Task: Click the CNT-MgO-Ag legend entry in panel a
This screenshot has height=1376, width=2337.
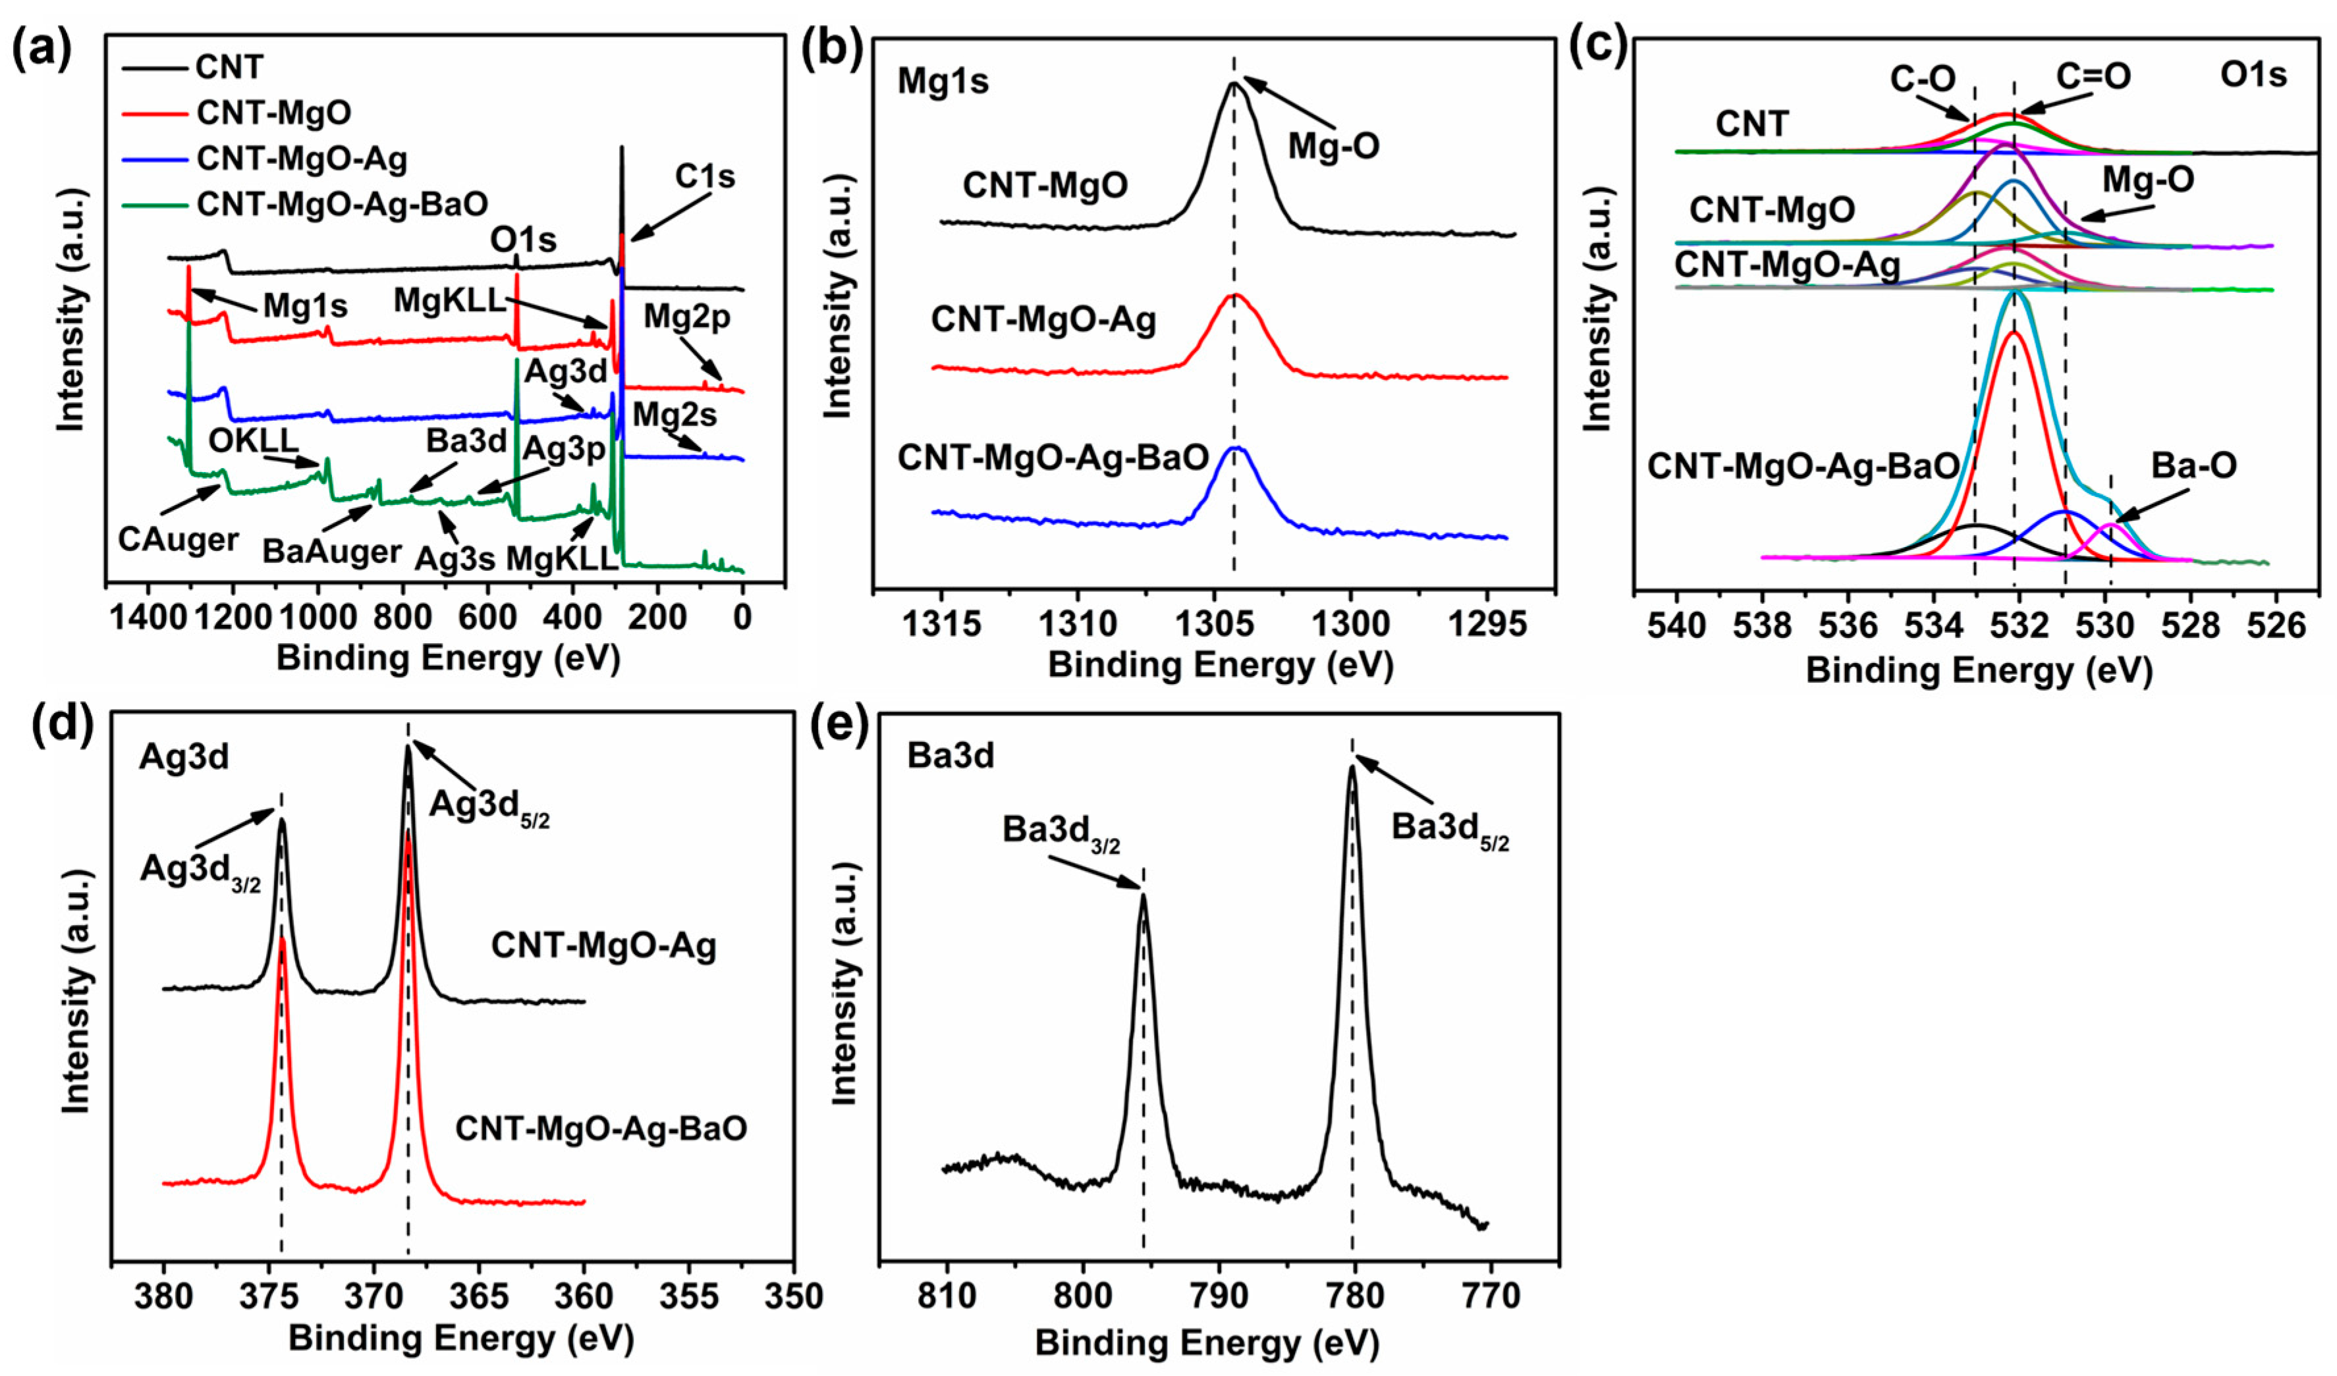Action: click(302, 159)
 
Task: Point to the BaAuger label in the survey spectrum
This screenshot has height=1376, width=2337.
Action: click(331, 552)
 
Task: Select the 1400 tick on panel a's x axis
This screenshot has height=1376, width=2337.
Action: click(142, 618)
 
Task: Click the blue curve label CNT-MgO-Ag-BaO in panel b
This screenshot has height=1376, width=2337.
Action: click(1053, 457)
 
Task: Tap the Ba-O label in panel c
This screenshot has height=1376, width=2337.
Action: click(2194, 465)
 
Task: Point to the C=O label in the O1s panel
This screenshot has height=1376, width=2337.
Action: click(2093, 76)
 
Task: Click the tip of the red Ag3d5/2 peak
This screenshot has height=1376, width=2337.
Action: click(408, 832)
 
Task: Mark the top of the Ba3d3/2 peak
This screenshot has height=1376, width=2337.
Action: click(1143, 895)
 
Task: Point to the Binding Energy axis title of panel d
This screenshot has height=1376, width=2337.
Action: click(461, 1338)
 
